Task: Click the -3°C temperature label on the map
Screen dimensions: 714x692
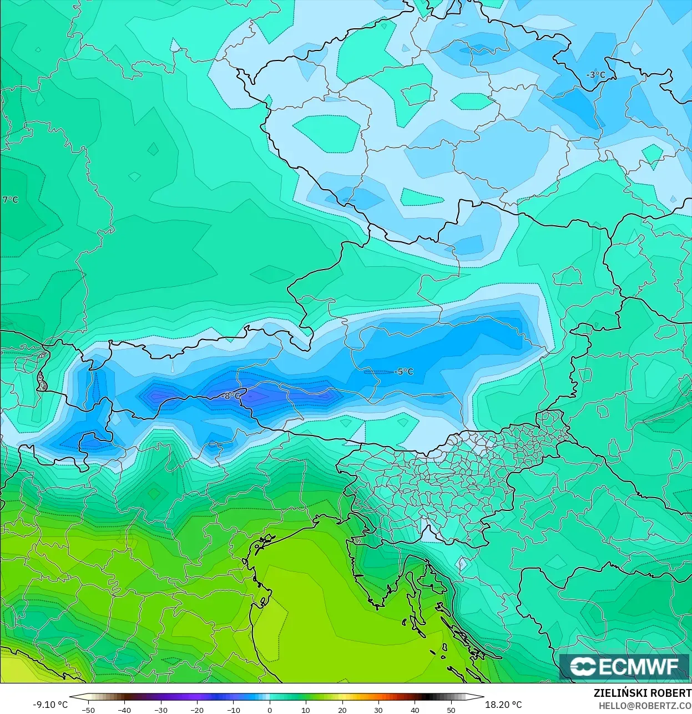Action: tap(595, 75)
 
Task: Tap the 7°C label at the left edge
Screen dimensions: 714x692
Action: tap(10, 200)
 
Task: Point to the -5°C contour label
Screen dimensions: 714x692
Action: tap(404, 372)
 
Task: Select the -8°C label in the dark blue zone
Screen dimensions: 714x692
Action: tap(231, 396)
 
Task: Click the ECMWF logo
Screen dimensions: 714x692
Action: tap(624, 666)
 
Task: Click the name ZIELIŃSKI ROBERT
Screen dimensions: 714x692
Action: tap(642, 693)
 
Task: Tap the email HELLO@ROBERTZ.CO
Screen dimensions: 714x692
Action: tap(645, 706)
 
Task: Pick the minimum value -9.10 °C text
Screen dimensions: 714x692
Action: tap(50, 705)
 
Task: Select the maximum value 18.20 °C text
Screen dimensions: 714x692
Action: tap(503, 705)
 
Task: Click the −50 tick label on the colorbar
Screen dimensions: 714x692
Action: tap(88, 710)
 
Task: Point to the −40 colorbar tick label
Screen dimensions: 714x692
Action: tap(124, 710)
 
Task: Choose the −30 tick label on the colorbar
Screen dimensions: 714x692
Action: tap(160, 710)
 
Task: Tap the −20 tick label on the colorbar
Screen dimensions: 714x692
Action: tap(197, 710)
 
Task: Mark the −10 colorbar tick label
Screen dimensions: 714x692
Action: tap(233, 710)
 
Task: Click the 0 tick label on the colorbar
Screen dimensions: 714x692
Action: tap(270, 710)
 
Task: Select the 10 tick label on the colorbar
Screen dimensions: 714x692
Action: tap(306, 710)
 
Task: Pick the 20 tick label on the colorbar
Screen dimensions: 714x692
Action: tap(342, 710)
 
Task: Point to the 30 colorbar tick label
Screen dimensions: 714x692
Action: tap(378, 710)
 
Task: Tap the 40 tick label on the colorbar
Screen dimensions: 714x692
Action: tap(415, 710)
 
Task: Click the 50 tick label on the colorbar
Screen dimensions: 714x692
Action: tap(451, 710)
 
